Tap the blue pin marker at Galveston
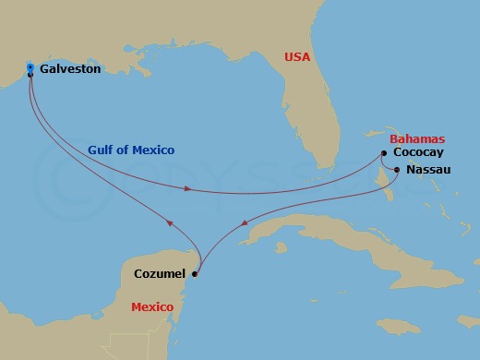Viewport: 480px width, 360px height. pos(30,69)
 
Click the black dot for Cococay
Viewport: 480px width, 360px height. pos(384,153)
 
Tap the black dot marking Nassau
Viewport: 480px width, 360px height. pos(397,170)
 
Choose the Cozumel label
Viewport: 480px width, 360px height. pos(160,273)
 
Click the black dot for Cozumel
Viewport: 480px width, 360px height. pos(194,273)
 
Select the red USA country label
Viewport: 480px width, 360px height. pos(298,57)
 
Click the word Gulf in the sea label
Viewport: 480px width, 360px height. pos(102,150)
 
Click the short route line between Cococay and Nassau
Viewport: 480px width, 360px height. pos(390,162)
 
